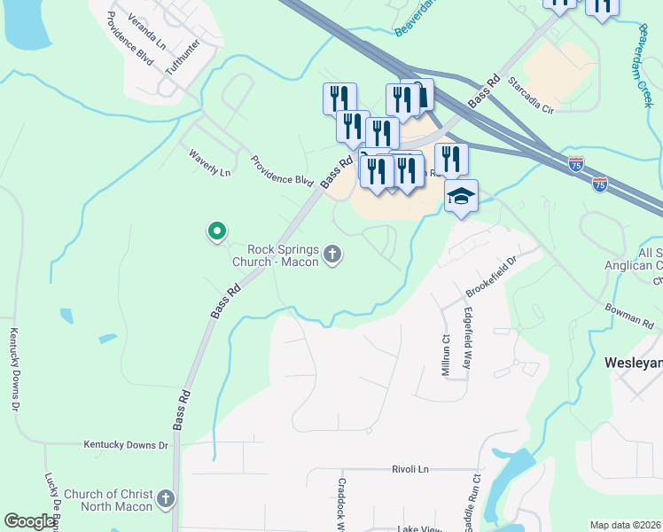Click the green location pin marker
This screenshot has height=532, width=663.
pos(216,231)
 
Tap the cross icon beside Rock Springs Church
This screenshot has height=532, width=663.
pos(332,255)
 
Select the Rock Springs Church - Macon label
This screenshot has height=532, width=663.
pos(276,255)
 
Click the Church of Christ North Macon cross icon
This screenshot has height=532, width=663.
pos(166,500)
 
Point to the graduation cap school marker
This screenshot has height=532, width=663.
pos(461,196)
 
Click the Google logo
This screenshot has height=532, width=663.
pos(30,521)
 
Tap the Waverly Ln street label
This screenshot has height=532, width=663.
pos(209,162)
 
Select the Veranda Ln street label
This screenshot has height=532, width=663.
pos(147,30)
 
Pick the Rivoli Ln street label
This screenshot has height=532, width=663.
pos(410,468)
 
